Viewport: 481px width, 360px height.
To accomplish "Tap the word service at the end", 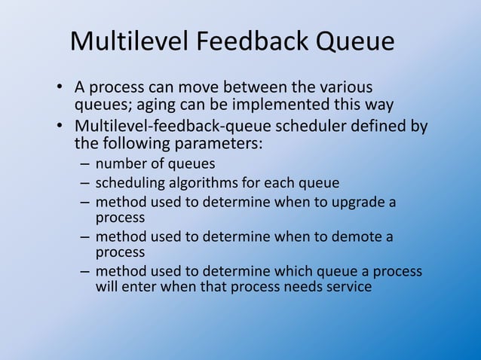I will click(x=348, y=286).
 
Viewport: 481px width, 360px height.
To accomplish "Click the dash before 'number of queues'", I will click(x=84, y=163).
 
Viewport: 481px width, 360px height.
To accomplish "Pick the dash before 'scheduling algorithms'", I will click(x=84, y=183).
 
